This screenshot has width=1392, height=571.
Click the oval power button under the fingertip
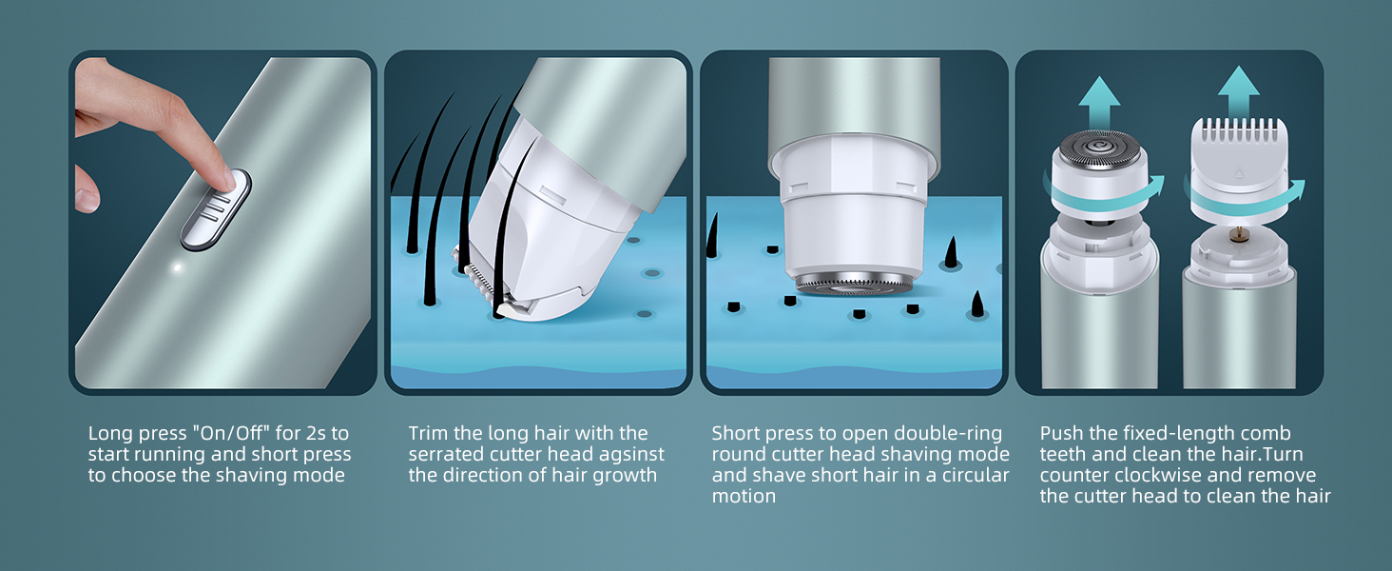click(x=216, y=210)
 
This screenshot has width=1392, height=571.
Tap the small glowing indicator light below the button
click(x=177, y=268)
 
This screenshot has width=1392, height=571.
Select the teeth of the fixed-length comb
click(x=1239, y=129)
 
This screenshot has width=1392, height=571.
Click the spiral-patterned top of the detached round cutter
click(x=1099, y=149)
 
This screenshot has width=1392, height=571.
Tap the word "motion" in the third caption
click(x=744, y=497)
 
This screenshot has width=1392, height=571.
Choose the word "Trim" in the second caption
click(x=429, y=433)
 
